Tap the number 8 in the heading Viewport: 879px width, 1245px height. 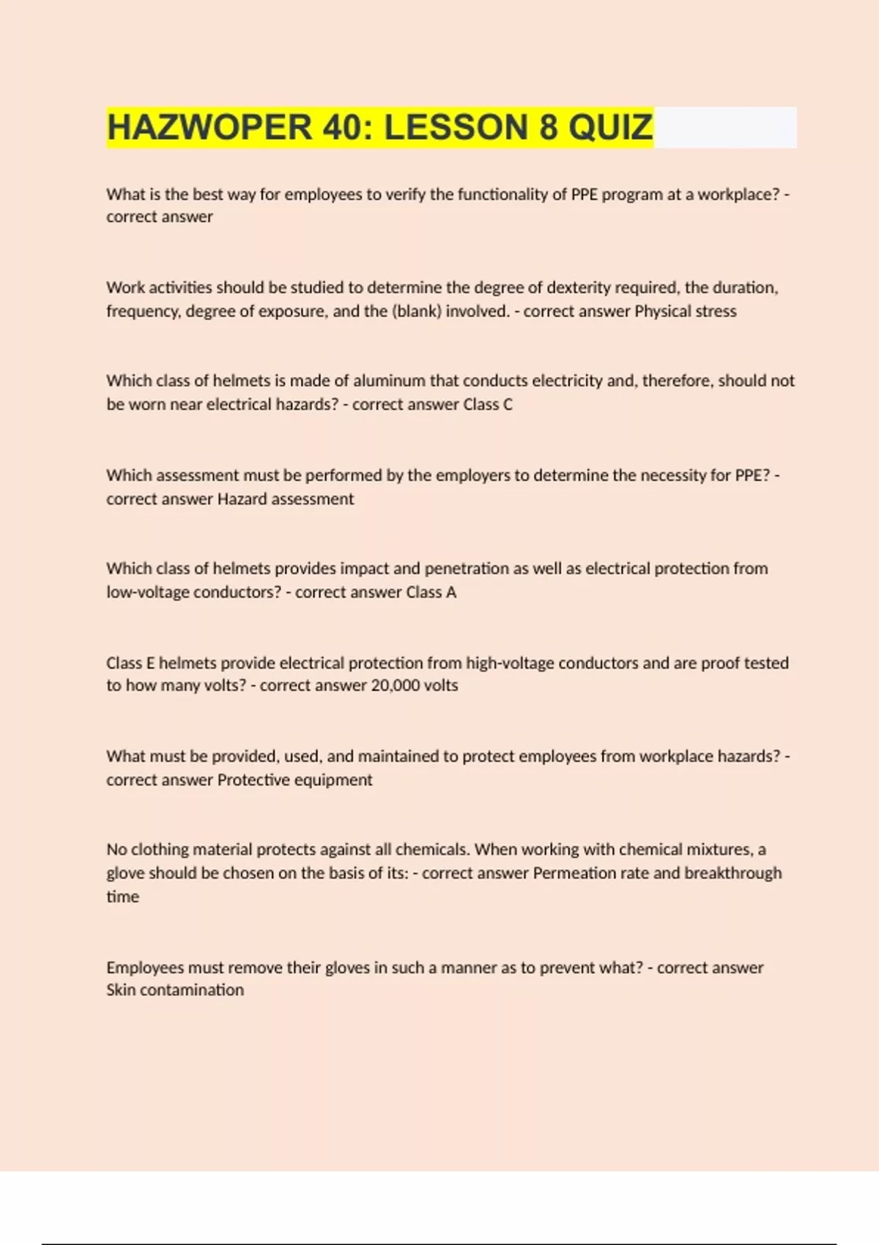pyautogui.click(x=548, y=127)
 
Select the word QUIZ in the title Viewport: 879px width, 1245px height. pyautogui.click(x=611, y=127)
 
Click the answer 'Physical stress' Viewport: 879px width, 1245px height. pyautogui.click(x=685, y=311)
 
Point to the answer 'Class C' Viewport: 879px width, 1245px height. pyautogui.click(x=488, y=404)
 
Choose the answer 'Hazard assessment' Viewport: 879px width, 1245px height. pyautogui.click(x=286, y=499)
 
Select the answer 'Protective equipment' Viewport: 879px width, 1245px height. pyautogui.click(x=294, y=780)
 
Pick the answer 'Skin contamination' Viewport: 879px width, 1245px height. pyautogui.click(x=175, y=990)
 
